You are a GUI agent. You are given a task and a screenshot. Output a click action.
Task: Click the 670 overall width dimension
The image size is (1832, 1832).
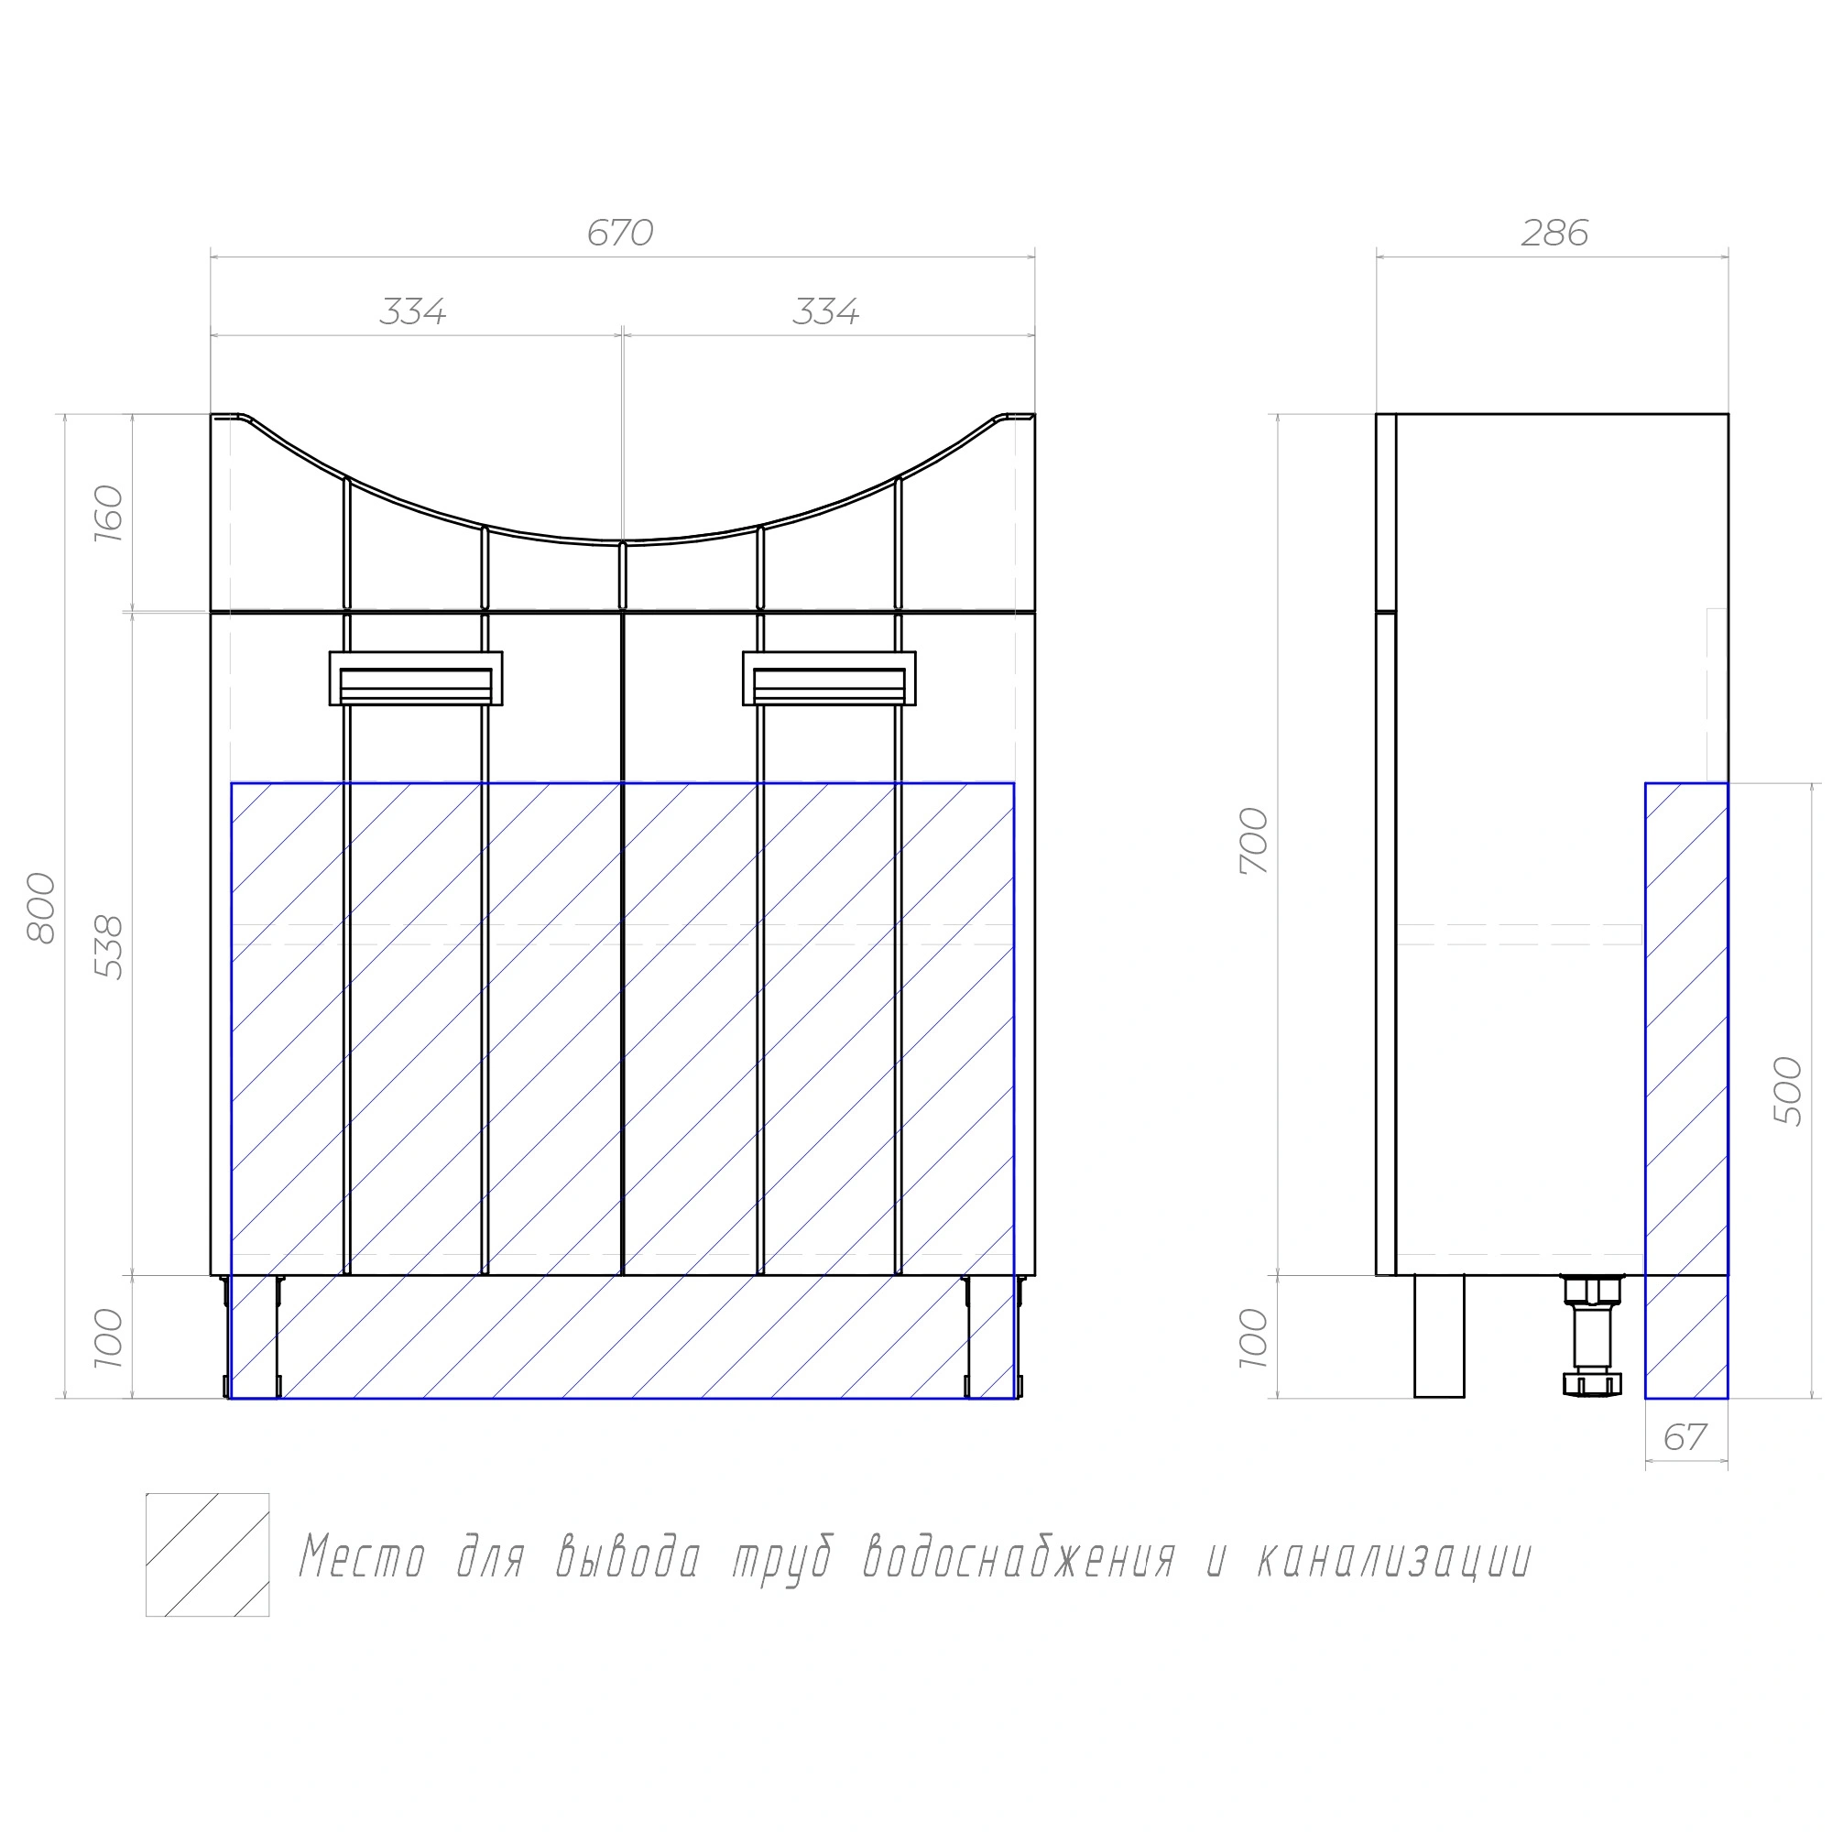tap(620, 234)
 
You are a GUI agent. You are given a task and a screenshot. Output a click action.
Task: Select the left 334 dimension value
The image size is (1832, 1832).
tap(412, 312)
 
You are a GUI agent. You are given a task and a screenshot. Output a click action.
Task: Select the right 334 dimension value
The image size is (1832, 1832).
tap(826, 312)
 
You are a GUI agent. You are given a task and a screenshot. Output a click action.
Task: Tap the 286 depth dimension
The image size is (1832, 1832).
tap(1554, 234)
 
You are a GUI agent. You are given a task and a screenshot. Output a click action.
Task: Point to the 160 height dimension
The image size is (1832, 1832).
tap(110, 513)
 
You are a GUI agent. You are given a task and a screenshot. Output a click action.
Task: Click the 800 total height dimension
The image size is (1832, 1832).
tap(42, 909)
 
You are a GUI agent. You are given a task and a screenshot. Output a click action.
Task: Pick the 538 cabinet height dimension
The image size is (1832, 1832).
tap(110, 947)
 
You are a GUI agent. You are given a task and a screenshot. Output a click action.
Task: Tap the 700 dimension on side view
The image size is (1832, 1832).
tap(1254, 841)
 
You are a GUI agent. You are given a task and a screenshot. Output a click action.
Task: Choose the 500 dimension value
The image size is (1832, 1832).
tap(1787, 1090)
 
